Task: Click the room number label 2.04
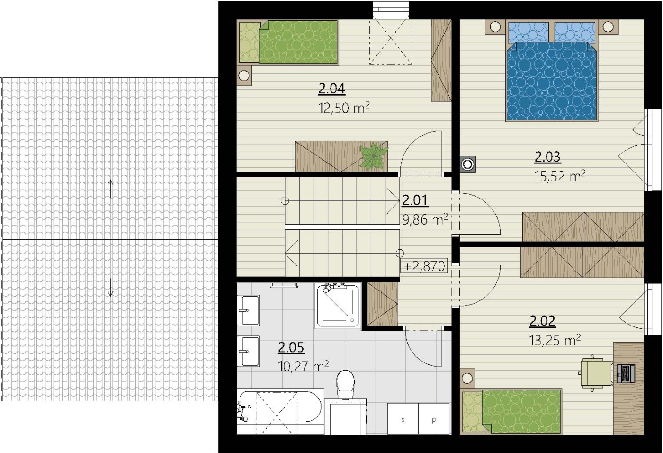pyautogui.click(x=331, y=89)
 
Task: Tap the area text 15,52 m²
pyautogui.click(x=560, y=176)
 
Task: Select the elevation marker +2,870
pyautogui.click(x=424, y=266)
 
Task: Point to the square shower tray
pyautogui.click(x=338, y=305)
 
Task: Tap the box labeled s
pyautogui.click(x=403, y=419)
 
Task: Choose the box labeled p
pyautogui.click(x=434, y=419)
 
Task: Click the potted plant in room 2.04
pyautogui.click(x=374, y=155)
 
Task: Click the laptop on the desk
pyautogui.click(x=626, y=374)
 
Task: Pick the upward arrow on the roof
pyautogui.click(x=110, y=189)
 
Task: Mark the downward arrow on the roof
pyautogui.click(x=110, y=287)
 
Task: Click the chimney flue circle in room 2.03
pyautogui.click(x=468, y=164)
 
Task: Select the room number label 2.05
pyautogui.click(x=291, y=347)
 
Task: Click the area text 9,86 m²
pyautogui.click(x=425, y=219)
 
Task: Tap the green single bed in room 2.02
pyautogui.click(x=512, y=411)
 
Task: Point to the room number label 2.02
pyautogui.click(x=542, y=321)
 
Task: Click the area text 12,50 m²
pyautogui.click(x=344, y=108)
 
